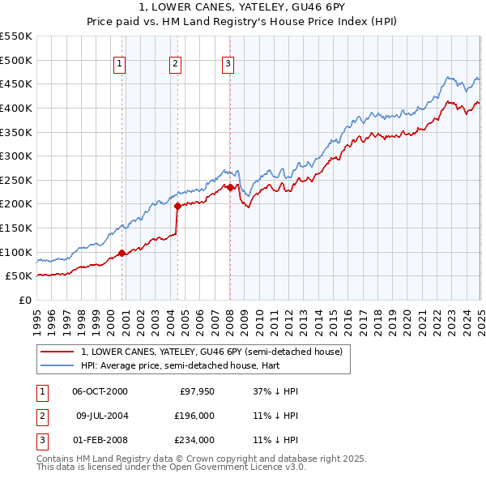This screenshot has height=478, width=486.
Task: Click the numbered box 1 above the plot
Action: tap(120, 64)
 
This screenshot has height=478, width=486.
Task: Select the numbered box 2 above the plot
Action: tap(175, 64)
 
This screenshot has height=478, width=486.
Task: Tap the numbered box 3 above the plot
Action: tap(228, 64)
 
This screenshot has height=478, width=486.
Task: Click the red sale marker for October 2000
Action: tap(122, 253)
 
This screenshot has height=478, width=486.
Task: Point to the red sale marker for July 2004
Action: tap(177, 206)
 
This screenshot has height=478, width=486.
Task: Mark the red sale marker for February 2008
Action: tap(230, 187)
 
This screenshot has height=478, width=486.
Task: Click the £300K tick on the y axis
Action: tap(16, 156)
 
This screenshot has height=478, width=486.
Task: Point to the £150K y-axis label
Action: tap(16, 228)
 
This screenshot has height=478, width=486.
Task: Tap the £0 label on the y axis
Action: tap(24, 300)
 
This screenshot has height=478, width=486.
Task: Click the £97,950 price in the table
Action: tap(196, 391)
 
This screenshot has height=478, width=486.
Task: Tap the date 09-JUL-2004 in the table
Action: tap(102, 416)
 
